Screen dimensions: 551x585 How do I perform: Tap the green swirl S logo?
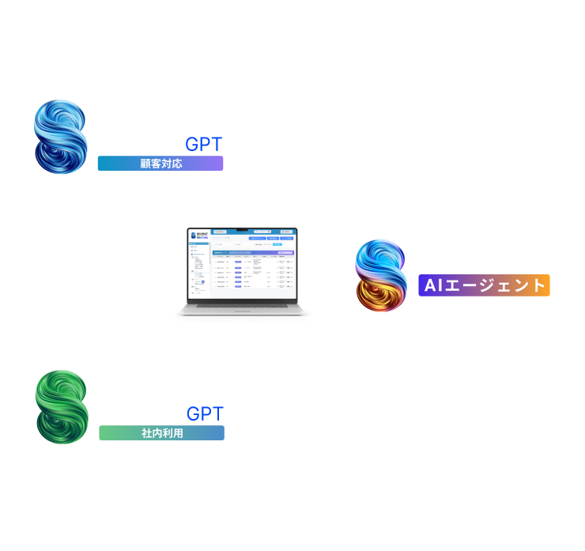click(62, 406)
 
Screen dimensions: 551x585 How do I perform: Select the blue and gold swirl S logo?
click(380, 276)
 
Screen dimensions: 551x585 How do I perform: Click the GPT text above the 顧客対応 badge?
click(203, 145)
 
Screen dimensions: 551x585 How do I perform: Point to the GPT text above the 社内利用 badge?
click(205, 413)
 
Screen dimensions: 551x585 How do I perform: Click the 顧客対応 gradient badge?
click(160, 164)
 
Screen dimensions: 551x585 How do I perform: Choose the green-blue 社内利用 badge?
click(161, 433)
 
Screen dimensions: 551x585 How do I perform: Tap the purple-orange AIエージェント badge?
click(484, 285)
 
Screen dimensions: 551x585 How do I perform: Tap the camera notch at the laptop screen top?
click(243, 229)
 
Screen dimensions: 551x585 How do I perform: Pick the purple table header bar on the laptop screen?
click(254, 253)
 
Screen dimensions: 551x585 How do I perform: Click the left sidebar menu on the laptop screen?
click(197, 269)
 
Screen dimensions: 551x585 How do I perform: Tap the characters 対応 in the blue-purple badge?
click(172, 164)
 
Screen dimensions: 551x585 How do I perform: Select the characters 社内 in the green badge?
click(151, 433)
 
